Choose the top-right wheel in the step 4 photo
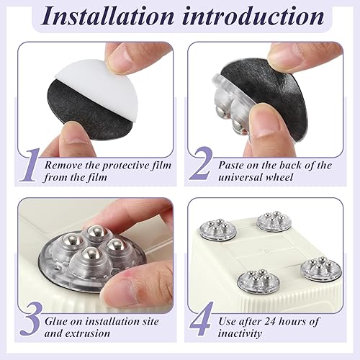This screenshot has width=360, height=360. pyautogui.click(x=274, y=221)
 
